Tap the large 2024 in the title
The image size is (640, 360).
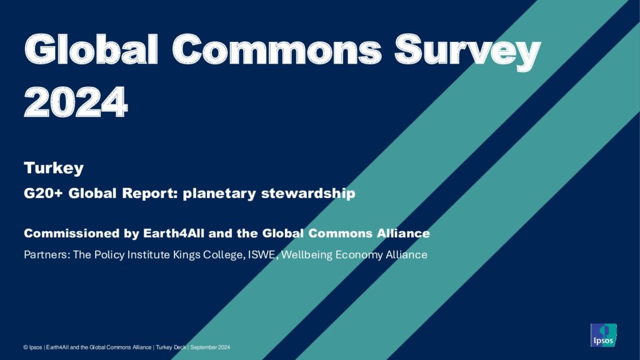76,102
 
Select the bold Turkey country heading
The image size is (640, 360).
54,168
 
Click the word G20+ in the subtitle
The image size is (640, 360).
43,193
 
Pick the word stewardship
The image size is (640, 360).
308,194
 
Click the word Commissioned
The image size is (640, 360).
71,233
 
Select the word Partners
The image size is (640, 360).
47,255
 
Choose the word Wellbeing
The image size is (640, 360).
306,255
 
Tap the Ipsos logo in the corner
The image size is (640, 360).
603,335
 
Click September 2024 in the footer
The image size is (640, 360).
210,347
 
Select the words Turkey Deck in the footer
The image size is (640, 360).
171,347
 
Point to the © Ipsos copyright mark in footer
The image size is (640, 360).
32,347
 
